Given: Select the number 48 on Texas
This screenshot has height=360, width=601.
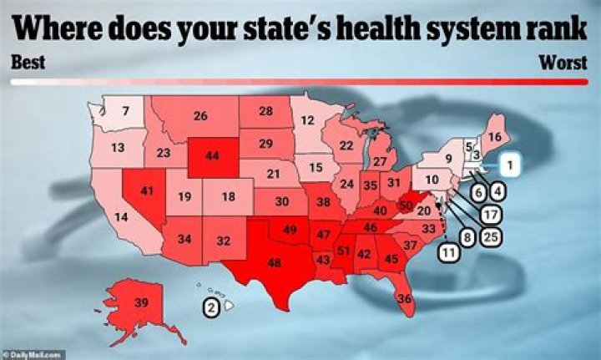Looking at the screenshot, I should (x=273, y=261).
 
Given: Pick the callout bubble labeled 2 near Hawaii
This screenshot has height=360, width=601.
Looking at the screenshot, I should (x=212, y=307).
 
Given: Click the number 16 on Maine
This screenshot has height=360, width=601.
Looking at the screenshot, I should (x=494, y=137).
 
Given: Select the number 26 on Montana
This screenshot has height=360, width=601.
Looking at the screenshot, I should (x=200, y=116).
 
